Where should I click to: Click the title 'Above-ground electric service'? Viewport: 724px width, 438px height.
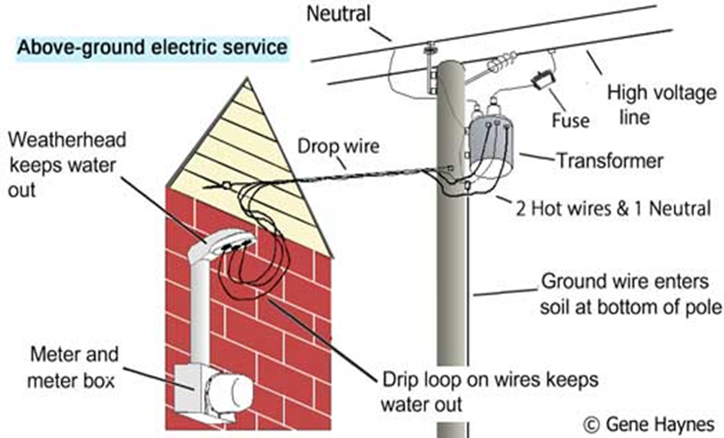152,48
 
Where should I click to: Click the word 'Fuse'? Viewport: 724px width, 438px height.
570,121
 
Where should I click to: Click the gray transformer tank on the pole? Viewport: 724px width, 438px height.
494,148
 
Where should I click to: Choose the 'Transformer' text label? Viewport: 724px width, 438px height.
610,161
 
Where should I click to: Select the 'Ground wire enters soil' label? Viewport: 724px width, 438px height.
631,292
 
